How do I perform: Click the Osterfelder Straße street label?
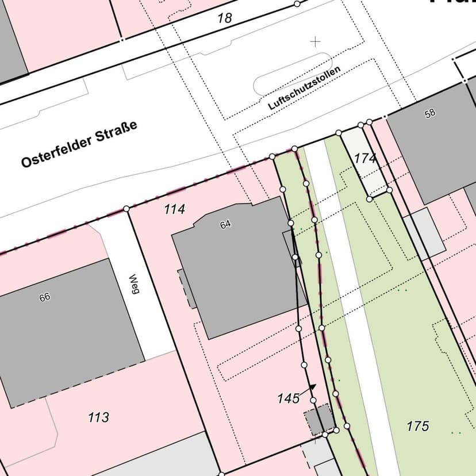(x=79, y=144)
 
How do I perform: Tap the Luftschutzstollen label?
(x=304, y=87)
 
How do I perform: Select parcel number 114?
(x=174, y=209)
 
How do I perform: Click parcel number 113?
(x=98, y=417)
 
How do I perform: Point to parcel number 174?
(x=365, y=158)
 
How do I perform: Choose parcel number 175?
(x=418, y=426)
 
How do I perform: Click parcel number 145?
(x=288, y=398)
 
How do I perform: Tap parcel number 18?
(x=224, y=18)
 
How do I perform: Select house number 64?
(x=225, y=225)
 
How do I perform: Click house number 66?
(x=45, y=297)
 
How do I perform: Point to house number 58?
(x=430, y=114)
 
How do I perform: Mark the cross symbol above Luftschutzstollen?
(x=315, y=41)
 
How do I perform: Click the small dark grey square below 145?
(x=319, y=420)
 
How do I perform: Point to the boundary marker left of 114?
(x=126, y=209)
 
